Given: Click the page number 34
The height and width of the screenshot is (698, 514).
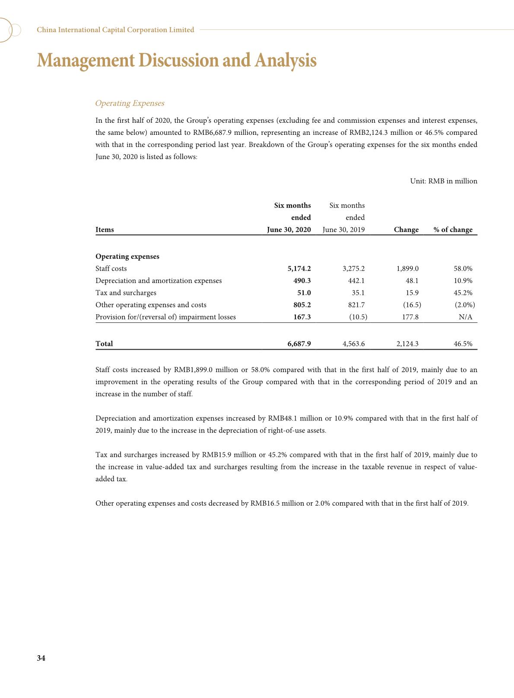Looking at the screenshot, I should (41, 658).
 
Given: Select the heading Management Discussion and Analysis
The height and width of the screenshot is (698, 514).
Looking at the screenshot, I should (177, 60).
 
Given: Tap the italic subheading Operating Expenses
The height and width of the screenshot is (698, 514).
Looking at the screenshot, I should (130, 103).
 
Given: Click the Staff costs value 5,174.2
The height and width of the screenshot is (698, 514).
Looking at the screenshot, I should (299, 268).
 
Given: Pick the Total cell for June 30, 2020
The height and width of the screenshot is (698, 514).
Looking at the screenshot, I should (299, 344).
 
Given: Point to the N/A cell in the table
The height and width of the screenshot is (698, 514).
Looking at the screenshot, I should (465, 317).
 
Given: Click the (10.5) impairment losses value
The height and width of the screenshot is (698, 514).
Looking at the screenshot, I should (358, 317).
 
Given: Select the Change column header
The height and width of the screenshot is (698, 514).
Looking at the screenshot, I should (406, 229).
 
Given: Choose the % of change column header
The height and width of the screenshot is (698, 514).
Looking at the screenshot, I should (453, 229).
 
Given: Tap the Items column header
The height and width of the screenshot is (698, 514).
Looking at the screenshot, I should (105, 229).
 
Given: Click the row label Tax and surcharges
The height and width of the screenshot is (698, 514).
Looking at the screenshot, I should (126, 293).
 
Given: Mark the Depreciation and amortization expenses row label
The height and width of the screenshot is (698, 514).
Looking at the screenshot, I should (159, 280).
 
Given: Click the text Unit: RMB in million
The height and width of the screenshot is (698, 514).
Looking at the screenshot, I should (444, 181).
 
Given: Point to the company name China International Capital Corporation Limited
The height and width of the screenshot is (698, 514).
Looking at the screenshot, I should (115, 30).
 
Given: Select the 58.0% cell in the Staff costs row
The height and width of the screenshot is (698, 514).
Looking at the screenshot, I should (463, 268).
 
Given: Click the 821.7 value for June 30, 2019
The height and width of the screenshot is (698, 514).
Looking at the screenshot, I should (356, 305).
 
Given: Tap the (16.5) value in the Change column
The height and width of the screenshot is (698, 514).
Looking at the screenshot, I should (412, 305).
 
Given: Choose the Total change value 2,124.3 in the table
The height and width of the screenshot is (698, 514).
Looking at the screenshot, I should (407, 344).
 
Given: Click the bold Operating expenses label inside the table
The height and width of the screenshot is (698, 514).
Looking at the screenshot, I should (127, 256).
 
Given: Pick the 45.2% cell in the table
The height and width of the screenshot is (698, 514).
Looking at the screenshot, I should (463, 293).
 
